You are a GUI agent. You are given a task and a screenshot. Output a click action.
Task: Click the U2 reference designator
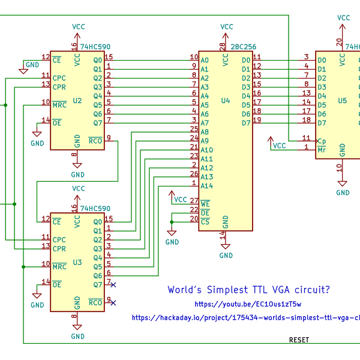point(77,101)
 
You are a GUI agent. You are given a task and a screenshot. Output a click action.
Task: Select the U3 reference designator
point(77,262)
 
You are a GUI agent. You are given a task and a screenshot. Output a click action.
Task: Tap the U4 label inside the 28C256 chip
point(226,101)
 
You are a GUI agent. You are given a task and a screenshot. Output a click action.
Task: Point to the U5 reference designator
point(342,101)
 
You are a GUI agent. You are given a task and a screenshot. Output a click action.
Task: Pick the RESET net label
point(299,340)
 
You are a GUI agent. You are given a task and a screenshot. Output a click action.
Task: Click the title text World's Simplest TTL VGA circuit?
point(248,290)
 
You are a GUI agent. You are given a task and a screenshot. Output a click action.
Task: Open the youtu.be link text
point(248,305)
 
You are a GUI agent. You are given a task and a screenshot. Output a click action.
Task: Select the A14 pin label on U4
point(206,186)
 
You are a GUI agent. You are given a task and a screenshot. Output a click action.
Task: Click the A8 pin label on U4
point(205,132)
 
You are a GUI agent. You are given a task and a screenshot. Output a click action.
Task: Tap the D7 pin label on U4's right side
point(245,123)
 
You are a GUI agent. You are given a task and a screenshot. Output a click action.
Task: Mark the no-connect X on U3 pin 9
point(113,303)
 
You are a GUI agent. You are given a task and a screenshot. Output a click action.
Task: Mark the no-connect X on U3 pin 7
point(113,284)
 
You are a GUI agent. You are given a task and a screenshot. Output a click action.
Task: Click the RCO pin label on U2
point(95,142)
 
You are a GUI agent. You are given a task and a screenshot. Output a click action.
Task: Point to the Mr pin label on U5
point(322,149)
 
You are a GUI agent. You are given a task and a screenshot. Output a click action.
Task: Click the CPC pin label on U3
point(59,238)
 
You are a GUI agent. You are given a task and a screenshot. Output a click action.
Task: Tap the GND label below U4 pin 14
point(226,256)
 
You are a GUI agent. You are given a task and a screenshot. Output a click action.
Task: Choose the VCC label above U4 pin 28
point(226,26)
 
